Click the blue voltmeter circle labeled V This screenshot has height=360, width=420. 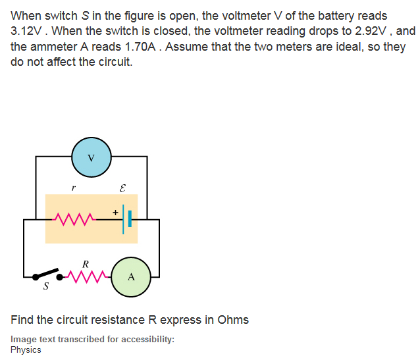click(92, 157)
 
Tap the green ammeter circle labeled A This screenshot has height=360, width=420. click(131, 276)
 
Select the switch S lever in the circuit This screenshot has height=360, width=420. click(47, 273)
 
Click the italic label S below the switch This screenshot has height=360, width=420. click(45, 287)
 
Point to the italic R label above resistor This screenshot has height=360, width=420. click(85, 264)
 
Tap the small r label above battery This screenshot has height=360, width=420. click(74, 188)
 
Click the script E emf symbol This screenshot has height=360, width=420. click(122, 188)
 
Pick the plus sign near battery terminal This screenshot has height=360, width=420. click(115, 212)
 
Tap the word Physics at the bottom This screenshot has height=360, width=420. click(26, 349)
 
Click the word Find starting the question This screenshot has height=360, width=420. click(22, 320)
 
